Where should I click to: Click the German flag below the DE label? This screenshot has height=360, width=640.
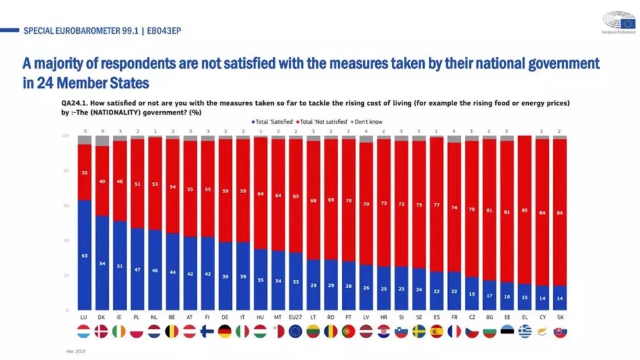tap(225, 331)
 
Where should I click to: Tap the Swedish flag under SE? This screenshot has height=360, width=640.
tap(419, 331)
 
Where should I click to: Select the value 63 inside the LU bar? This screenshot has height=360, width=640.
tap(84, 255)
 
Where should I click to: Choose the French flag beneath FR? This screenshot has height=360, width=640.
tap(454, 331)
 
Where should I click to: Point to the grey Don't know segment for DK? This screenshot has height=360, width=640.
tap(102, 141)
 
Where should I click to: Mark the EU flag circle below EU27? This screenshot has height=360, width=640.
tap(296, 331)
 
